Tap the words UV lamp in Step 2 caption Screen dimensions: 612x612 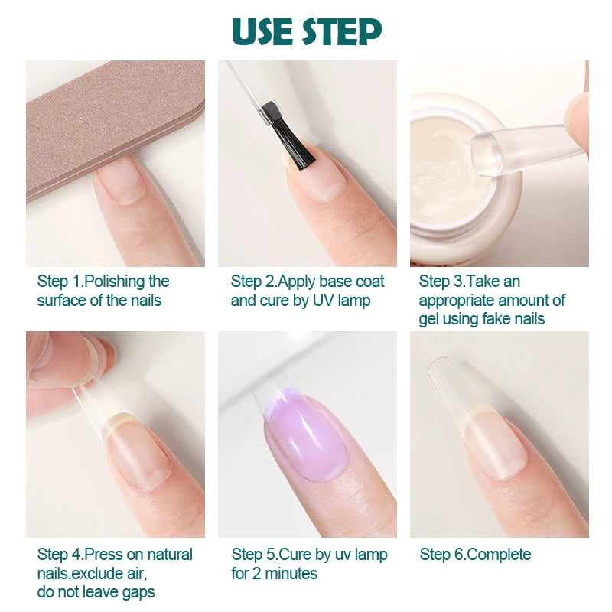click(342, 301)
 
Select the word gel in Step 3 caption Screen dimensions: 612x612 click(431, 319)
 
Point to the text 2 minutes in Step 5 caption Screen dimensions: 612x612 click(285, 573)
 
